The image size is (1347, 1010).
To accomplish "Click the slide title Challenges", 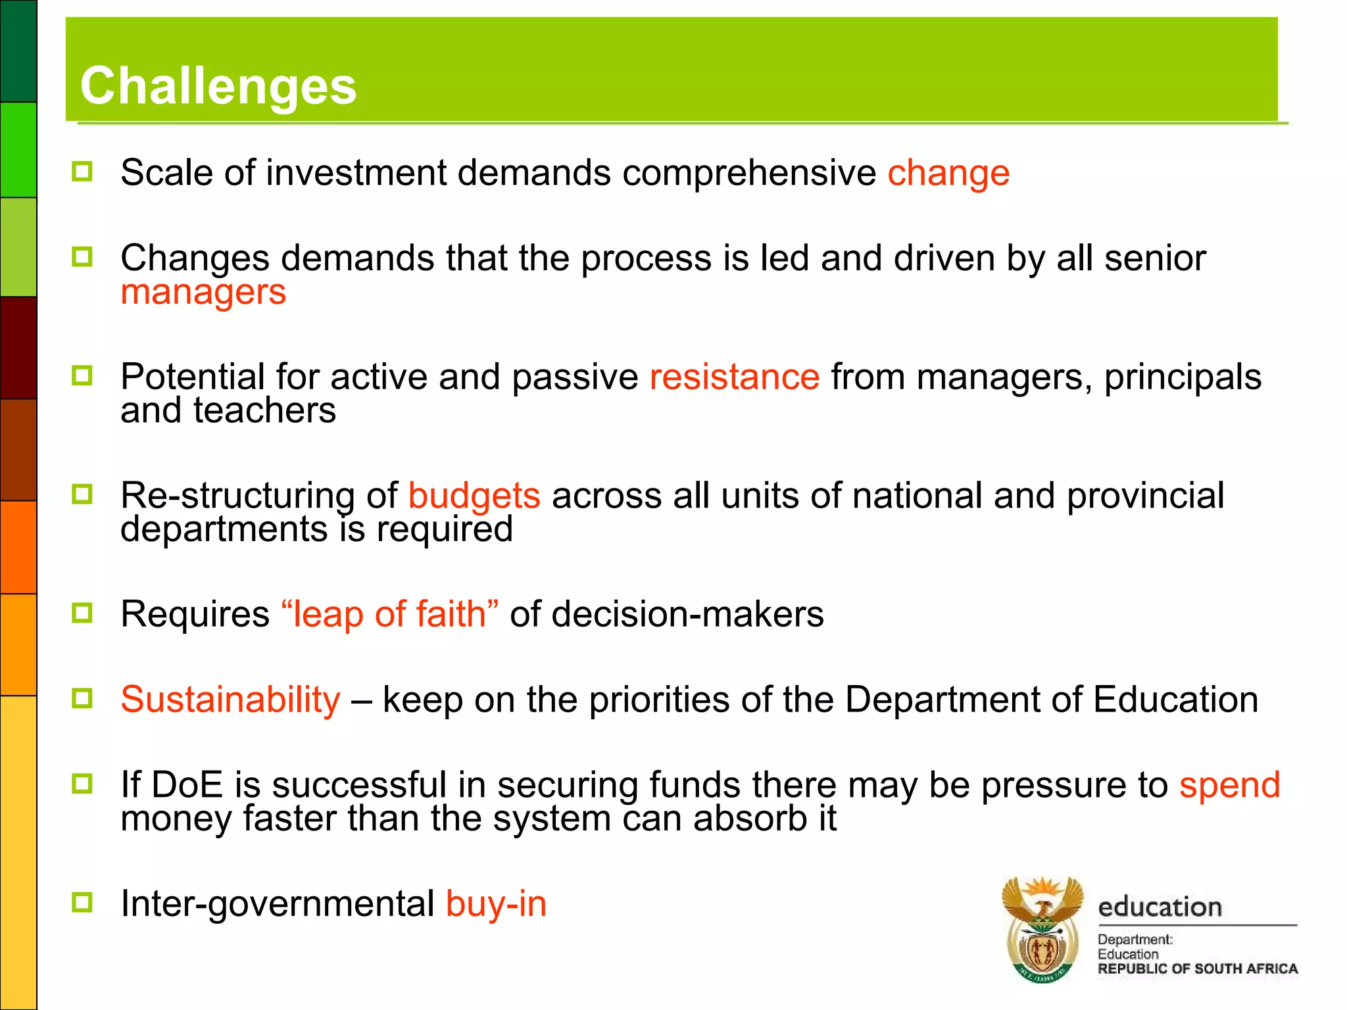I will click(218, 86).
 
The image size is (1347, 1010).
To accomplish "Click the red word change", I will click(948, 173).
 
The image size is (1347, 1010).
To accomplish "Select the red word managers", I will click(203, 292).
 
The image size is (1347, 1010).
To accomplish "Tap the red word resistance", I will click(734, 377).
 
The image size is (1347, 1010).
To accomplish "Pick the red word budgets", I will click(474, 495).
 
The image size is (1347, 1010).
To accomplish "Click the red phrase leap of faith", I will click(389, 614).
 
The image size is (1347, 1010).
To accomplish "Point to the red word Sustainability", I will click(230, 699).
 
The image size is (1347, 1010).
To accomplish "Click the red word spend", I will click(1229, 785).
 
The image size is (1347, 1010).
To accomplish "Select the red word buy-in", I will click(496, 903).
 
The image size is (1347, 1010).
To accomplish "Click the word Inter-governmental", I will click(277, 903).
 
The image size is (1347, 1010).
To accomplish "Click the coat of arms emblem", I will click(1042, 928).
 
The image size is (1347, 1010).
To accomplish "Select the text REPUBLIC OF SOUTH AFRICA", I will click(1197, 969).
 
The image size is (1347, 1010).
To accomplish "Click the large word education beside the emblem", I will click(1160, 907).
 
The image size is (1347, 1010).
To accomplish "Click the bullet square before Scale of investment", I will click(82, 172).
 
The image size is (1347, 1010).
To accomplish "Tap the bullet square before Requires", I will click(82, 613).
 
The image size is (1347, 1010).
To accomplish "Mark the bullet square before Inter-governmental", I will click(82, 902).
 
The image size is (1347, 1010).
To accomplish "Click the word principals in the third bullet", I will click(1182, 377).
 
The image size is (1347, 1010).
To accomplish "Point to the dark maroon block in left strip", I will click(18, 347).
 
